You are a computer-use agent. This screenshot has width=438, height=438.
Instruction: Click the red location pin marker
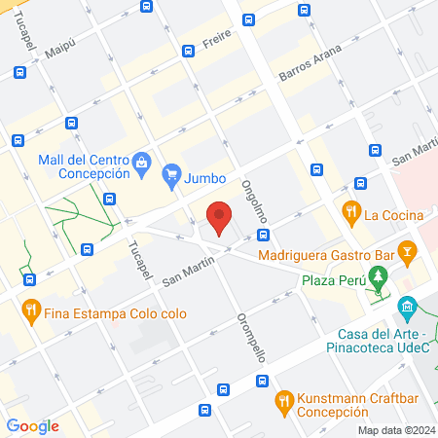tap(220, 217)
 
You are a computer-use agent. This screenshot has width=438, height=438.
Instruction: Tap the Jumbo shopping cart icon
tap(171, 177)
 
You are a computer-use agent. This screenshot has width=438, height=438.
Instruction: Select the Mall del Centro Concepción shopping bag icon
tap(142, 161)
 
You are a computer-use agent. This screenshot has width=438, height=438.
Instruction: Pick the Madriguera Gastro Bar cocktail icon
tap(409, 252)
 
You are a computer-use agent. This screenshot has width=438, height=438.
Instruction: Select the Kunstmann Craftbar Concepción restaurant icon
tap(284, 399)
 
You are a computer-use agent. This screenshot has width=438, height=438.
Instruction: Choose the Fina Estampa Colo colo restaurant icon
tap(31, 311)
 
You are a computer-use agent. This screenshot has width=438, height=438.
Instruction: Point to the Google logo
tap(32, 425)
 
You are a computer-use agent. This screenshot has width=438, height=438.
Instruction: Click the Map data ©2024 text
tap(394, 429)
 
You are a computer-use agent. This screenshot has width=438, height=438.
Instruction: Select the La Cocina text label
tap(393, 214)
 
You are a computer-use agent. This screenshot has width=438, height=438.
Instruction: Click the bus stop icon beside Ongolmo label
tap(263, 236)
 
